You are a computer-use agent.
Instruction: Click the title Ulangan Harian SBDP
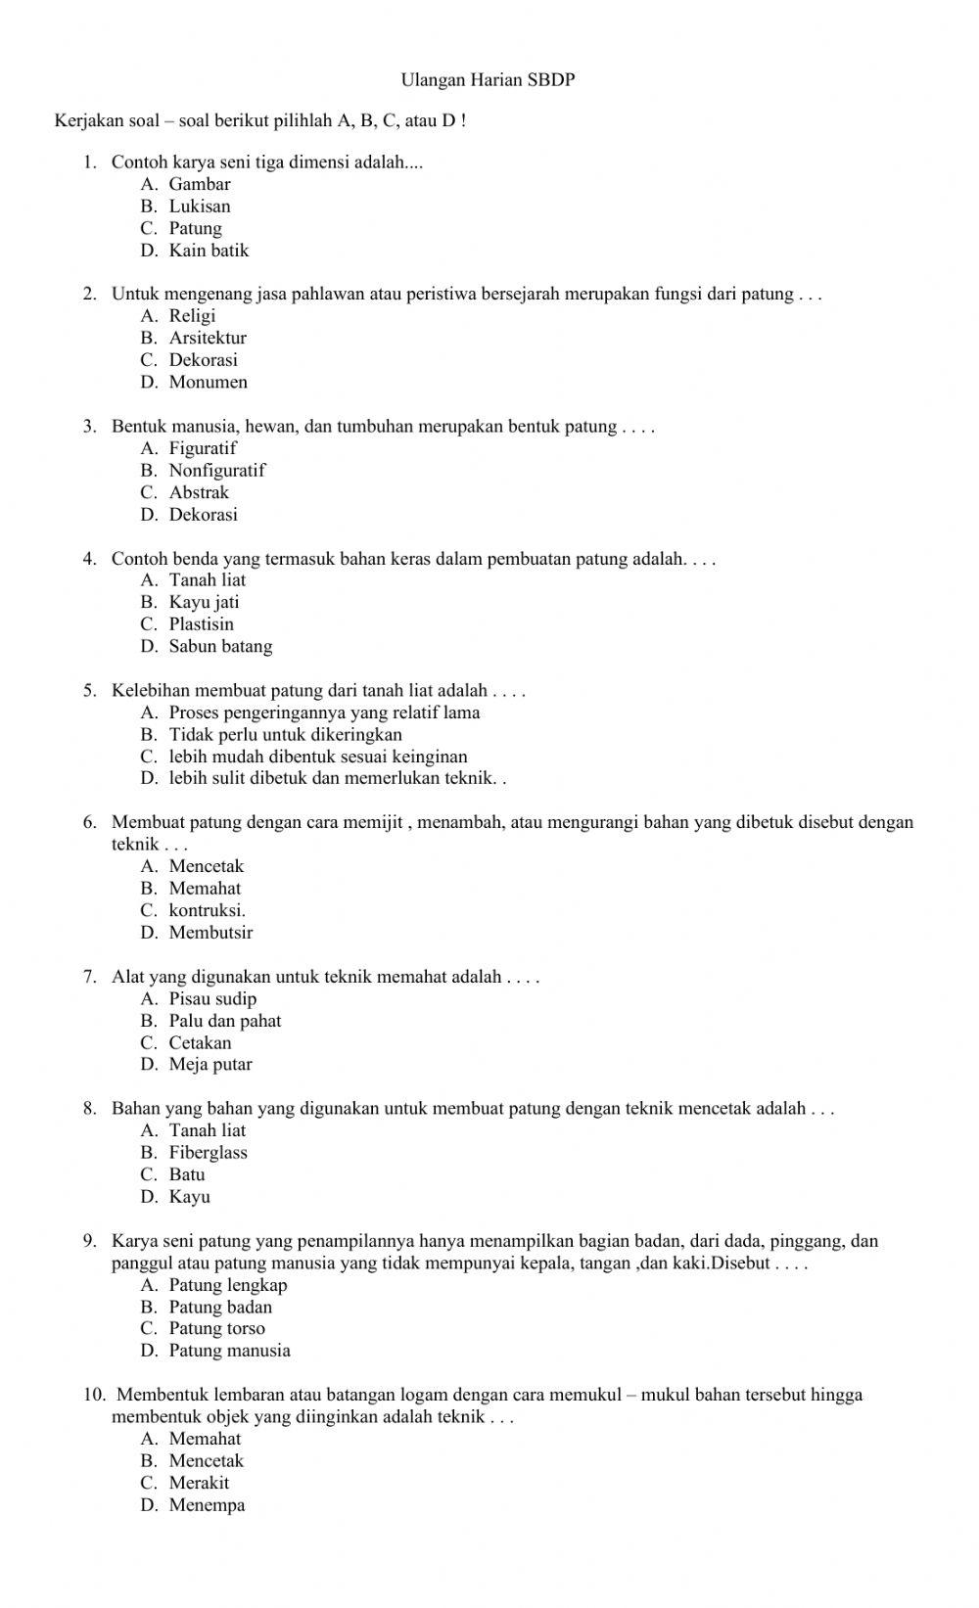pos(488,80)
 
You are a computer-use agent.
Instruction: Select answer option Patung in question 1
pos(195,228)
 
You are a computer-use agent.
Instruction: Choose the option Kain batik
pos(209,251)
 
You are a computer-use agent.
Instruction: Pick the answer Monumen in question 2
pos(208,382)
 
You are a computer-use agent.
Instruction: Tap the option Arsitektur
pos(208,338)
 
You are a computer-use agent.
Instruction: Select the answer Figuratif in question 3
pos(203,448)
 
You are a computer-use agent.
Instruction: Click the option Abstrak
pos(199,492)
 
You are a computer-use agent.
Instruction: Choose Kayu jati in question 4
pos(204,602)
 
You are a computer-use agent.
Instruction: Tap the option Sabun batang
pos(220,646)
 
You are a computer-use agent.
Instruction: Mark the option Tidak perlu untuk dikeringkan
pos(285,734)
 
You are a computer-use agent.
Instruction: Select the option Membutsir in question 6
pos(210,932)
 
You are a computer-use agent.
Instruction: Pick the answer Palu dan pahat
pos(224,1021)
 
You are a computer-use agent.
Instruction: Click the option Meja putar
pos(210,1064)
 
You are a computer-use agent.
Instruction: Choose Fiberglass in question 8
pos(208,1152)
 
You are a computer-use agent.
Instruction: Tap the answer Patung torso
pos(216,1328)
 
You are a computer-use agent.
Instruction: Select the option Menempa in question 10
pos(207,1505)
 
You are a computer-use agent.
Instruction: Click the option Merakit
pos(199,1483)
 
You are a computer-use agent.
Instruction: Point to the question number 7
pos(89,977)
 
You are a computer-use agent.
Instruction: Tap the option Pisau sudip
pos(212,998)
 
